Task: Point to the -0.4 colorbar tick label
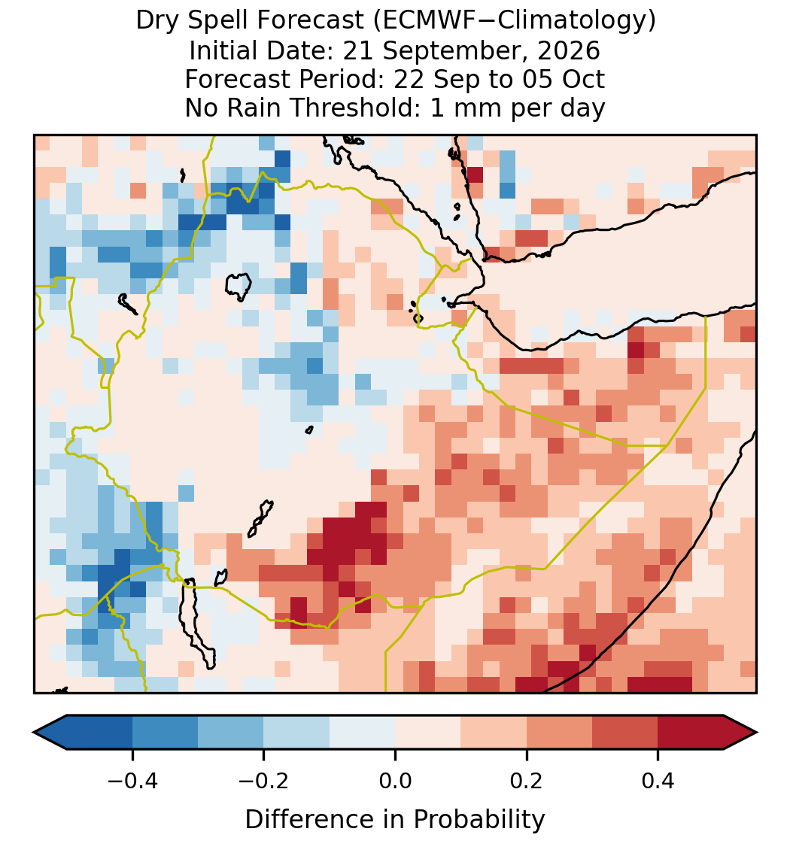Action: tap(132, 781)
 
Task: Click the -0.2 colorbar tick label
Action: tap(264, 781)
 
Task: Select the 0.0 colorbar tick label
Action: tap(395, 781)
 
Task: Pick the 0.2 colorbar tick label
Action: tap(527, 781)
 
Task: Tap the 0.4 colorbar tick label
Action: tap(658, 781)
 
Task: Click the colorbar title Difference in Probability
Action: tap(395, 820)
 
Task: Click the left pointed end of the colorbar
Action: tap(34, 733)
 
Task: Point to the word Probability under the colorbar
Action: tap(479, 820)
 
